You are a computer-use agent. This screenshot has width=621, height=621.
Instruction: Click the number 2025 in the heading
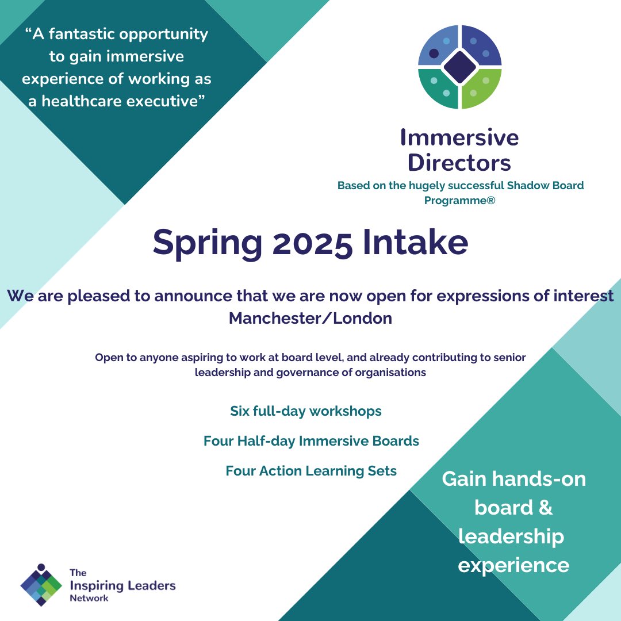point(313,243)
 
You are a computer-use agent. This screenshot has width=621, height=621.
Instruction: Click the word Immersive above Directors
point(459,138)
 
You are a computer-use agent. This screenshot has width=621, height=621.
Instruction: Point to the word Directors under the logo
point(459,163)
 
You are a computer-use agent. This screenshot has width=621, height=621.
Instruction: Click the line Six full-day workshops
point(306,411)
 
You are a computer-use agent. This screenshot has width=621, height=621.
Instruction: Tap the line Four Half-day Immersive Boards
point(311,441)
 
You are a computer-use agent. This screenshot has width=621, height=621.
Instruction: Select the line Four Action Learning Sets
point(311,471)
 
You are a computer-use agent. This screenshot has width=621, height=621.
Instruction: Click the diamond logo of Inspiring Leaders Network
point(41,584)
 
